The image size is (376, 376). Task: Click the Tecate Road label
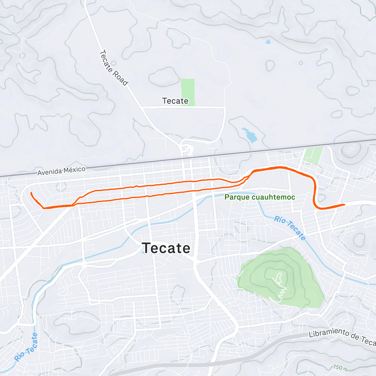click(x=113, y=68)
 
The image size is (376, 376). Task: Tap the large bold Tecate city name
click(x=166, y=248)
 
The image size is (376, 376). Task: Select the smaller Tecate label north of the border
click(x=175, y=101)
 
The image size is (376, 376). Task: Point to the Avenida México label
click(x=61, y=171)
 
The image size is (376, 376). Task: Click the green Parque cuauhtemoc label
click(x=260, y=197)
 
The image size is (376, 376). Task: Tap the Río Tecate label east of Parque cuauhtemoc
click(x=290, y=228)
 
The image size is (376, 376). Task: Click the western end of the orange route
click(x=31, y=193)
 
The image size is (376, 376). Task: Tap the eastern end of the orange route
click(x=344, y=205)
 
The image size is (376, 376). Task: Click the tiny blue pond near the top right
click(x=268, y=41)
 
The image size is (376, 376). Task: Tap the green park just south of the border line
click(x=314, y=155)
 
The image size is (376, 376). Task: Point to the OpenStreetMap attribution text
click(x=66, y=372)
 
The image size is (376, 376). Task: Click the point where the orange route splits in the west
click(x=73, y=205)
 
